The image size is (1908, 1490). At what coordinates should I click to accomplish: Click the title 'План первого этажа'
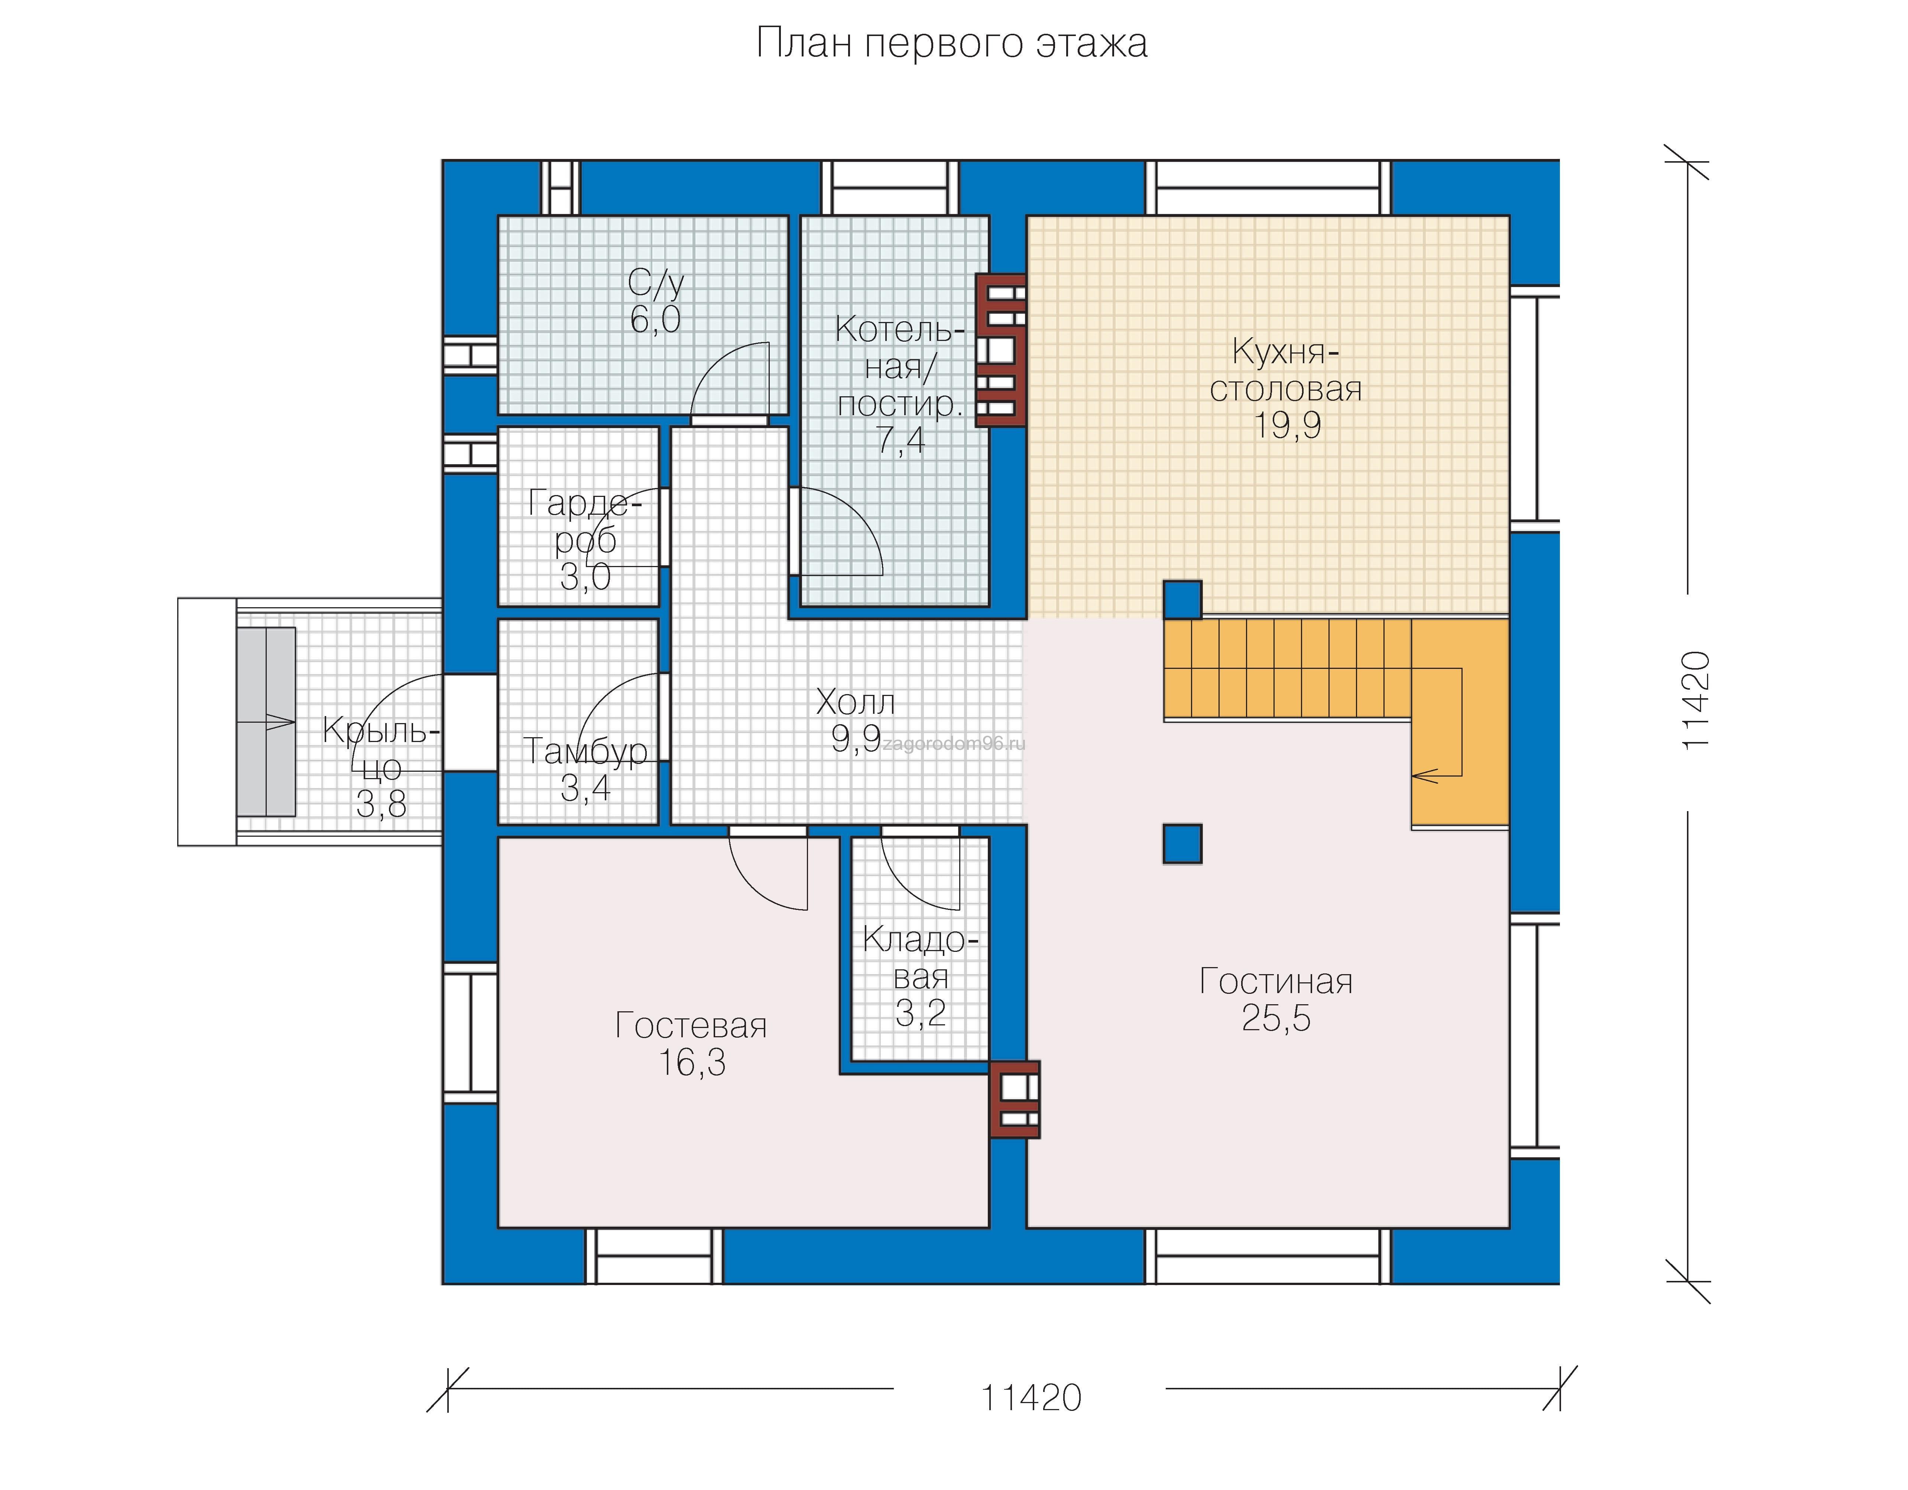(x=951, y=43)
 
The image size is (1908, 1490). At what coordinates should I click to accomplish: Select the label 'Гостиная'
(x=1275, y=982)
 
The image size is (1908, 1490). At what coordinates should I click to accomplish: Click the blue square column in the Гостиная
(x=1182, y=844)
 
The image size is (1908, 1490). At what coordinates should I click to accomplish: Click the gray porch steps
(x=266, y=722)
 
